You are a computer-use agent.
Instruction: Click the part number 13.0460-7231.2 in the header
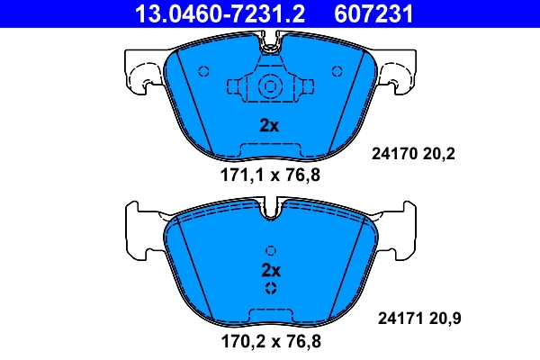point(206,13)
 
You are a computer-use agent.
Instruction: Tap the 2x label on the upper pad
point(269,126)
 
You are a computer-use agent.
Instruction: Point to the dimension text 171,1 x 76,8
point(270,175)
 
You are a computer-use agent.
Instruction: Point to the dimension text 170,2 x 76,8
point(270,341)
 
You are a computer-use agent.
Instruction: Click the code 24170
point(392,154)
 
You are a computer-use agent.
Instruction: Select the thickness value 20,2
point(440,154)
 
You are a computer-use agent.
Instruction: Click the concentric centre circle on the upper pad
point(269,87)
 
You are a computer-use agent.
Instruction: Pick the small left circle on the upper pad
point(202,71)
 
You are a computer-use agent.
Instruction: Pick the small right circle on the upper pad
point(337,71)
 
